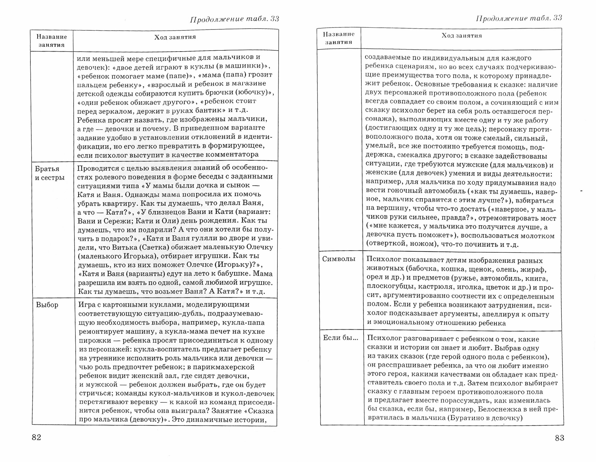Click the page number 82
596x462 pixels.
tap(36, 437)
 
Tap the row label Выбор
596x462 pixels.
tap(47, 305)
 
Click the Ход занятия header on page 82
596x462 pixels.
tap(175, 37)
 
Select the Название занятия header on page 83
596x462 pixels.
tap(339, 38)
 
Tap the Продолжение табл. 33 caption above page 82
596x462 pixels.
tap(235, 19)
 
